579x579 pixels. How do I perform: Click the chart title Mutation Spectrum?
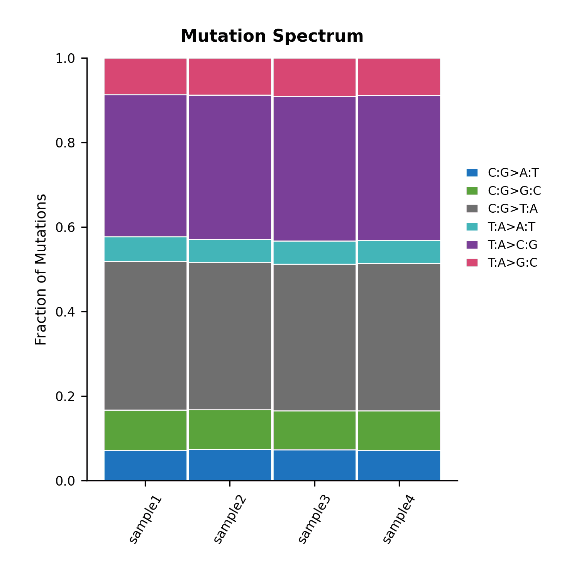[x=272, y=36]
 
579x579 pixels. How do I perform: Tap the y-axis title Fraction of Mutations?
[x=41, y=269]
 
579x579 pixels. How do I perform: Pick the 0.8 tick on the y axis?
[x=66, y=143]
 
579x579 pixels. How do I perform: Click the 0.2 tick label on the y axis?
[x=66, y=396]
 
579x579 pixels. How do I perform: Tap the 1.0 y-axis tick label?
[x=66, y=58]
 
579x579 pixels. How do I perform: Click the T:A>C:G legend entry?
[x=502, y=245]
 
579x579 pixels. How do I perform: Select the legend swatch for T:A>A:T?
[x=472, y=227]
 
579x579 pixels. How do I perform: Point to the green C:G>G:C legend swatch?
[x=472, y=191]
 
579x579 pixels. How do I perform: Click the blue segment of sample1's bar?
[x=146, y=466]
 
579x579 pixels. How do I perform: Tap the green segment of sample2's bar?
[x=230, y=430]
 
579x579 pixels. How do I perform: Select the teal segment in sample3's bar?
[x=315, y=253]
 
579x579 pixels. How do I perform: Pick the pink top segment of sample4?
[x=399, y=77]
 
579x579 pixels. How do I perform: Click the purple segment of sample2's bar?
[x=230, y=168]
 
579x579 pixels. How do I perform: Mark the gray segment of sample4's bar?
[x=399, y=337]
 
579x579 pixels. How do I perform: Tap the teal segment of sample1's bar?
[x=146, y=249]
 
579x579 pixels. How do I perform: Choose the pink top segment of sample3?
[x=315, y=77]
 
